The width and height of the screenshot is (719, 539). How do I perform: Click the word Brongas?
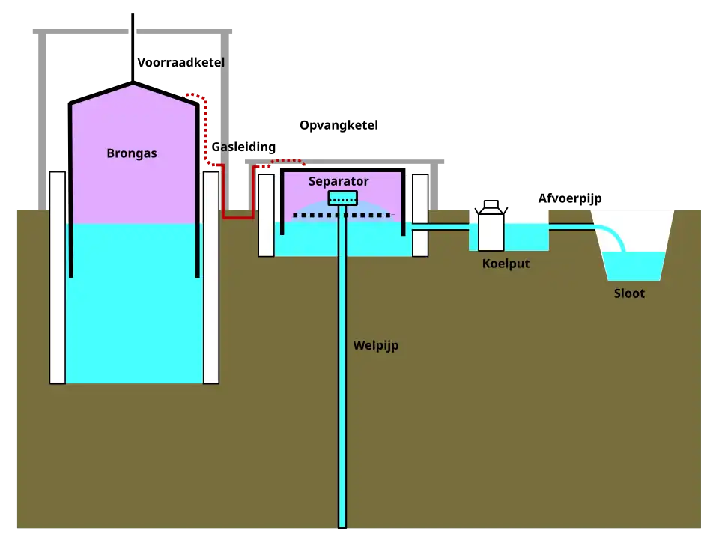click(132, 153)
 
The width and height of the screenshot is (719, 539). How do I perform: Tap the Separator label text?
click(339, 181)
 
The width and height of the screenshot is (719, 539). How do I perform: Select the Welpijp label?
click(375, 346)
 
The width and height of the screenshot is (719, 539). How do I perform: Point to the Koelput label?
click(506, 264)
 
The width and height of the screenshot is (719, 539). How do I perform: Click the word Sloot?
click(629, 293)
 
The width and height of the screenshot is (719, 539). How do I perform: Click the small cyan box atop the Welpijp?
click(342, 198)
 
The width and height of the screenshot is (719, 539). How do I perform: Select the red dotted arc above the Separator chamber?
click(288, 160)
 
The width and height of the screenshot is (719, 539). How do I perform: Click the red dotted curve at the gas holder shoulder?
click(194, 95)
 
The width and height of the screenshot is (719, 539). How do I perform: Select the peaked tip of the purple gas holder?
click(133, 87)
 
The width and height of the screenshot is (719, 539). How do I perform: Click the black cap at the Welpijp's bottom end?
click(342, 532)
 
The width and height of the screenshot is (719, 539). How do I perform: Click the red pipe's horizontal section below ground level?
click(238, 217)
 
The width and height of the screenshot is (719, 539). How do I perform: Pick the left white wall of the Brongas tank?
click(58, 277)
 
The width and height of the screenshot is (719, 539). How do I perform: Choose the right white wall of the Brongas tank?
click(211, 277)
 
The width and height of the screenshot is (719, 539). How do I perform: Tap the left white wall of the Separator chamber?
click(266, 216)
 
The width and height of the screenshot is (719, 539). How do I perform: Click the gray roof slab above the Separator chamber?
click(345, 161)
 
